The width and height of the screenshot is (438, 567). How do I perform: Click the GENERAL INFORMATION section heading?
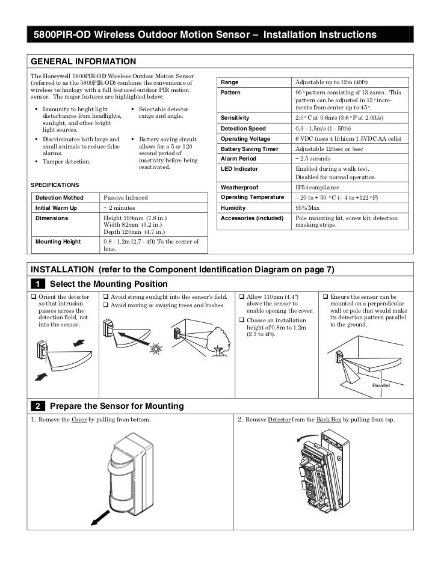83,61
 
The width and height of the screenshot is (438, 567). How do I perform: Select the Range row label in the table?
230,82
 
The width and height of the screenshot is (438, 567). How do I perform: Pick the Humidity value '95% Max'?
308,207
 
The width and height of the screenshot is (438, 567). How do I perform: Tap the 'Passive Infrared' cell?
126,197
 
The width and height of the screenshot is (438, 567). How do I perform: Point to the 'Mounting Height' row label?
58,242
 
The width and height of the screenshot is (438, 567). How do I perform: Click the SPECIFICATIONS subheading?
55,185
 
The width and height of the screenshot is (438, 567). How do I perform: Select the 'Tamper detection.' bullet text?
66,162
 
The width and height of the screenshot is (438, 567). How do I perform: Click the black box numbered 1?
37,284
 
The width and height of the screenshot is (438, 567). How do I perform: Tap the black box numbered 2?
37,406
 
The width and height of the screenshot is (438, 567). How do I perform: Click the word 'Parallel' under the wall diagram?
381,385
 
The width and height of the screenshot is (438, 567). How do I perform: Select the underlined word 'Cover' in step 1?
78,419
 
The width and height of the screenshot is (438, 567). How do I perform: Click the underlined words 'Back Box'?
328,419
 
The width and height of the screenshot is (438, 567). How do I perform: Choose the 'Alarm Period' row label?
238,159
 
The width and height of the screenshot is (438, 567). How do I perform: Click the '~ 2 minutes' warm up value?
119,207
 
